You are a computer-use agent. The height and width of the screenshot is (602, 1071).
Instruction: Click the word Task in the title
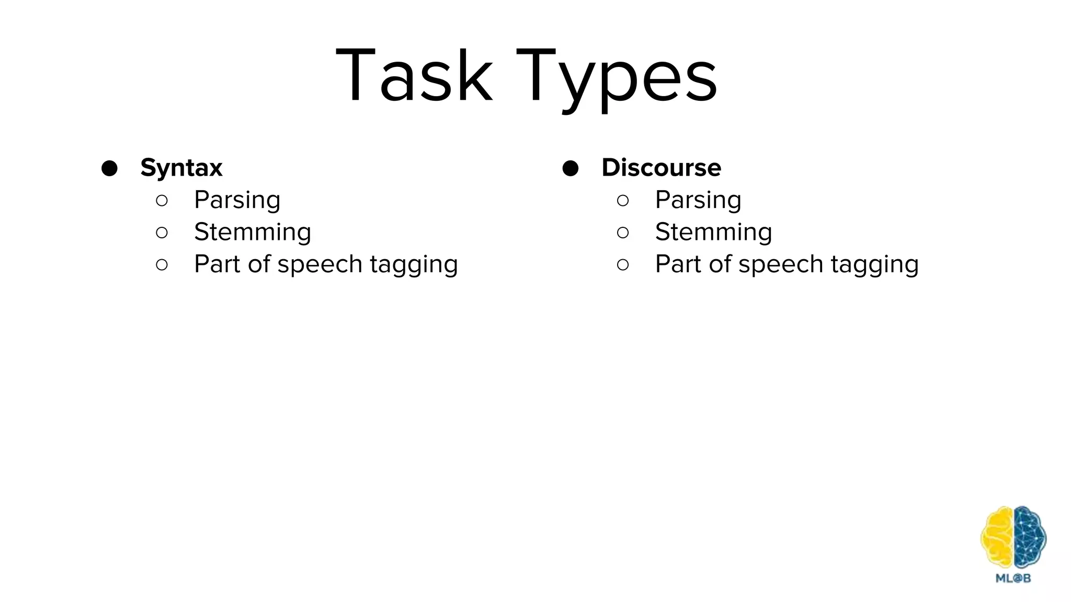pos(414,76)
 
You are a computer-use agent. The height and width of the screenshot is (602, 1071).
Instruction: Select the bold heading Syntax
pos(181,168)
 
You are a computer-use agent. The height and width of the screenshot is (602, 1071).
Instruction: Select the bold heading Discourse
pos(661,168)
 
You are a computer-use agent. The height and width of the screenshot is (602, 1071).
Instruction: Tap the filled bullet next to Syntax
pos(109,168)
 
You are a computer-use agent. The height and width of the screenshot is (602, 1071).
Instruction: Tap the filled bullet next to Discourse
pos(570,168)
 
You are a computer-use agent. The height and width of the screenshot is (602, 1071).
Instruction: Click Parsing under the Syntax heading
pos(237,200)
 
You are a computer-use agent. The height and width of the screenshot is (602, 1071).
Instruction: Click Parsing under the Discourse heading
pos(698,200)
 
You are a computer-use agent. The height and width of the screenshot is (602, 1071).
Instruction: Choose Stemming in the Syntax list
pos(253,232)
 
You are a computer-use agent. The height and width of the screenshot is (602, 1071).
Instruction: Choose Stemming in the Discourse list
pos(713,232)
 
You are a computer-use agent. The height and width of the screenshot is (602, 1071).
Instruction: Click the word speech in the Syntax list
pos(320,264)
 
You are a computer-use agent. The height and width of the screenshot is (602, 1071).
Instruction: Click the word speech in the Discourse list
pos(781,264)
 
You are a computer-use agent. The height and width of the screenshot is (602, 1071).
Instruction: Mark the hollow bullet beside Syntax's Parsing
pos(162,200)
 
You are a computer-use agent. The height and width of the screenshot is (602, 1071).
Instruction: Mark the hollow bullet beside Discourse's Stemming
pos(622,233)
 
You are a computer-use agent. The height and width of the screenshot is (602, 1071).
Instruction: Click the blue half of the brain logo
pos(1029,537)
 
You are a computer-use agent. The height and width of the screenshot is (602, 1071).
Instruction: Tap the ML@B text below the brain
pos(1013,578)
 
